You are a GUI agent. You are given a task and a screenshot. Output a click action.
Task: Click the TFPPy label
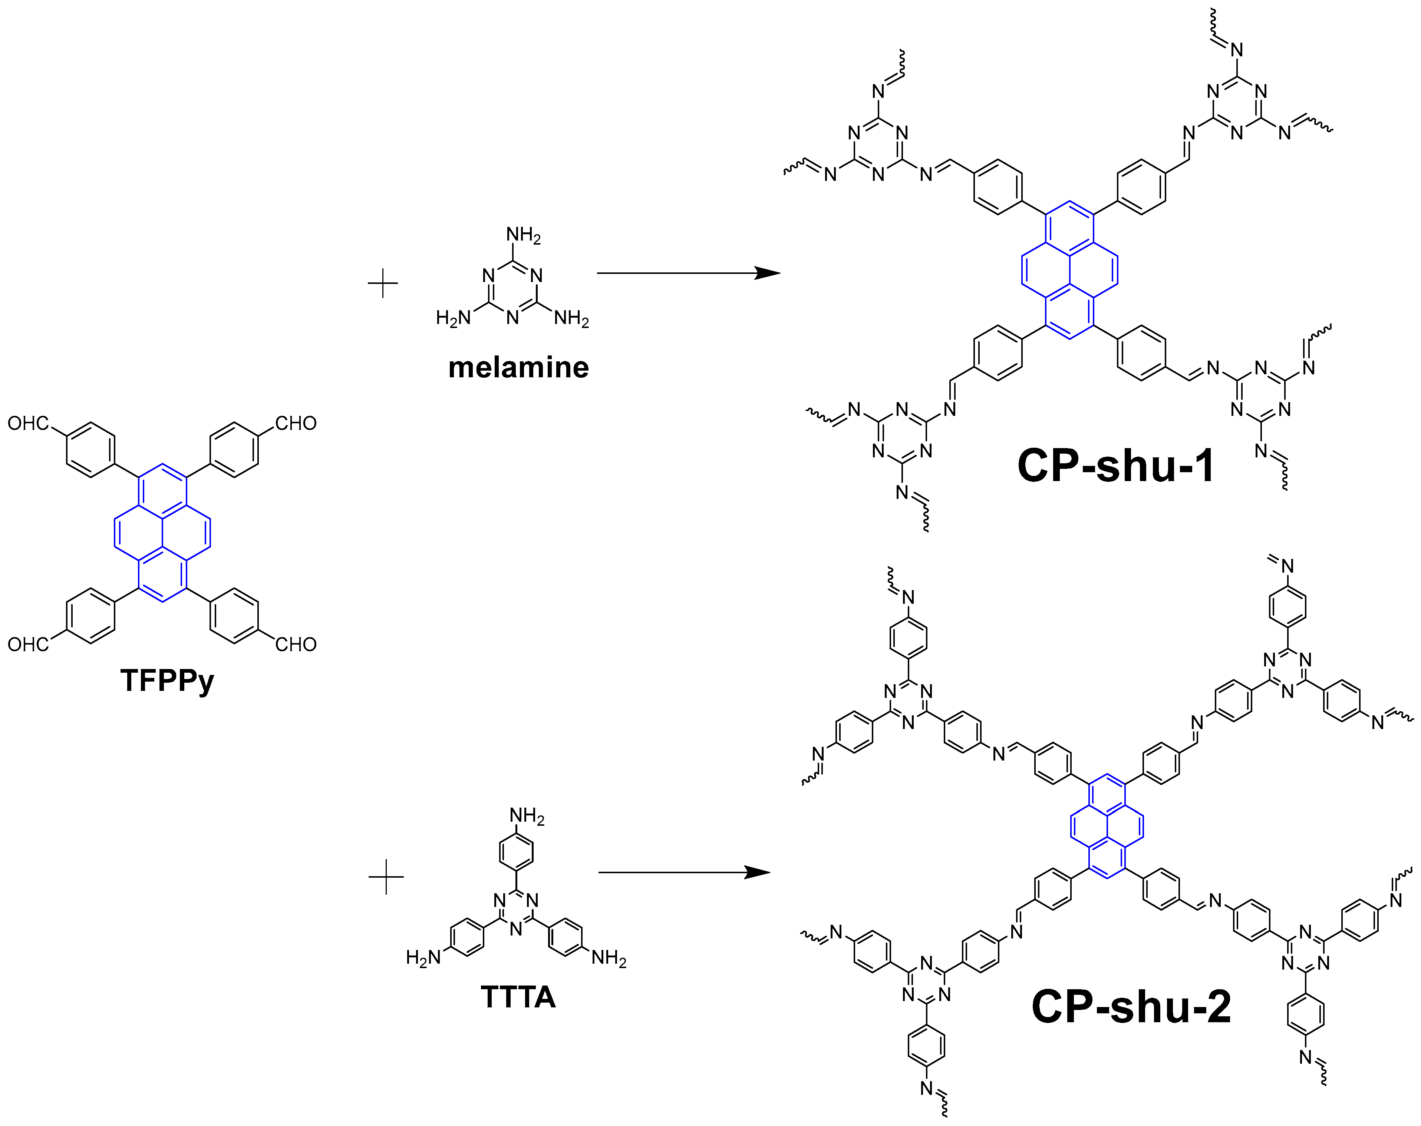(167, 680)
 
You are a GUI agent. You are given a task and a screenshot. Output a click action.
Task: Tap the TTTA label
(518, 996)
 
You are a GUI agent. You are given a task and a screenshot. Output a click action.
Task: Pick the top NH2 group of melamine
(523, 235)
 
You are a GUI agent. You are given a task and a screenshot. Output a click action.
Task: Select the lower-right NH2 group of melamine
(571, 319)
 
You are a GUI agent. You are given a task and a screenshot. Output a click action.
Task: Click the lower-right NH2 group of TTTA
(609, 957)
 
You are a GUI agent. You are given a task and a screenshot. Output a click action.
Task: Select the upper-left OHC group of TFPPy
(28, 423)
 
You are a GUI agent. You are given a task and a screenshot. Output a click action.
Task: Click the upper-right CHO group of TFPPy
(296, 423)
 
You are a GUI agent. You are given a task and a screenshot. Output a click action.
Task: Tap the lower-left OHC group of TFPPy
(28, 644)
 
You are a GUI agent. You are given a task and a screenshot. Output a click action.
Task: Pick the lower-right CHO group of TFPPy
(296, 644)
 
